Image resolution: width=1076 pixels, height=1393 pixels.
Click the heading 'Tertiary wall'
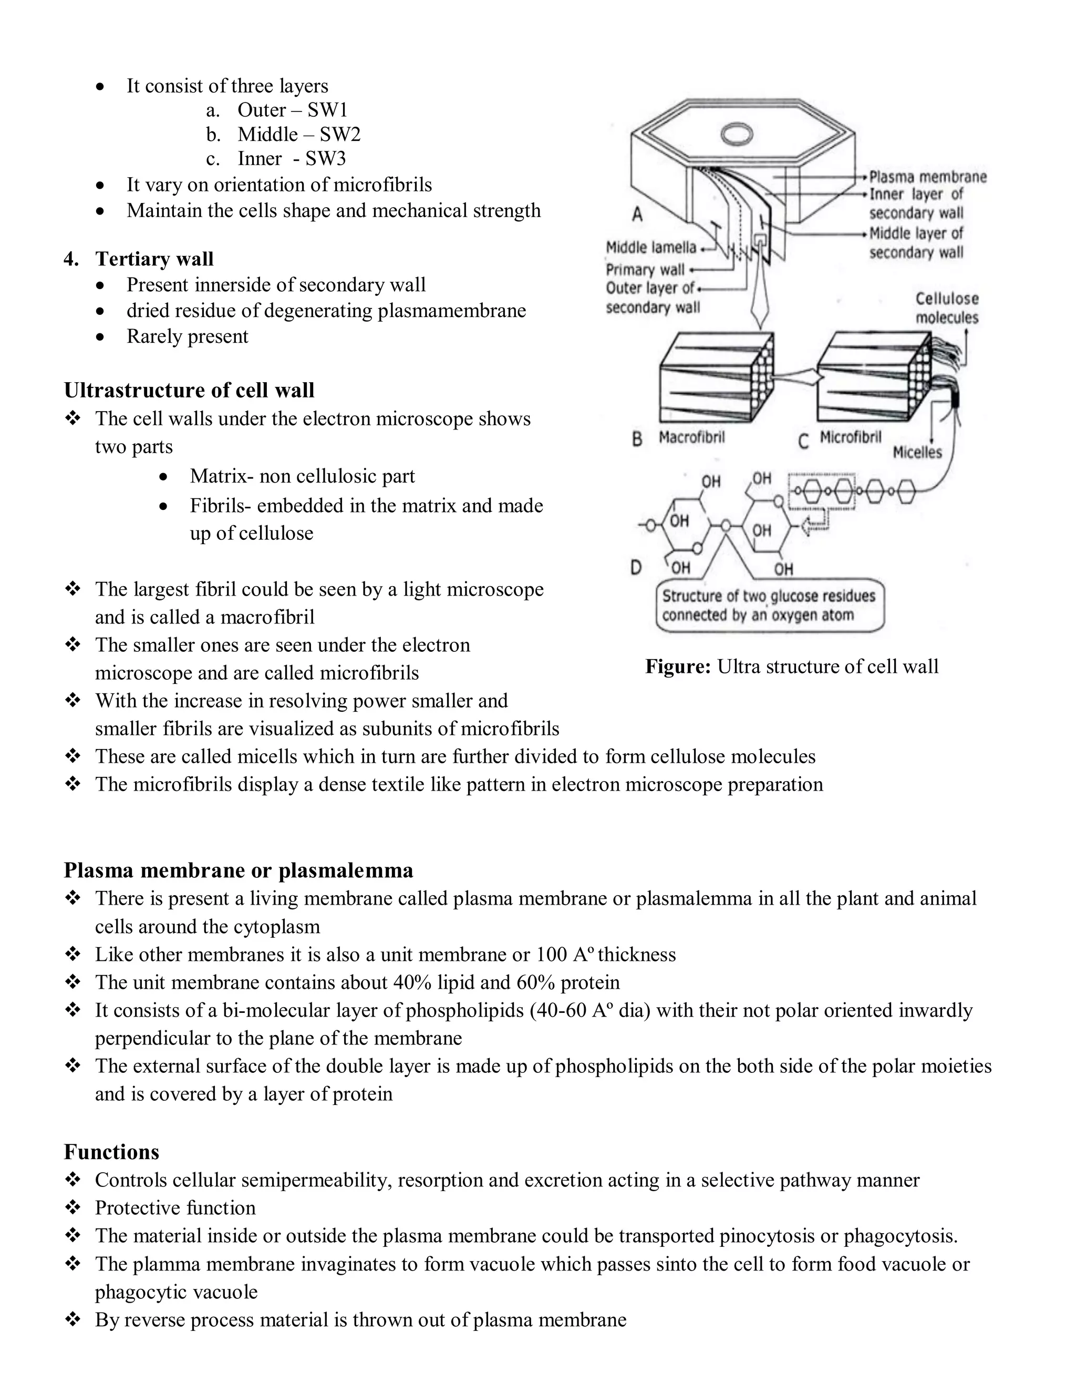point(154,259)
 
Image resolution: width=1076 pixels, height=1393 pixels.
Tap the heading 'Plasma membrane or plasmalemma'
point(239,870)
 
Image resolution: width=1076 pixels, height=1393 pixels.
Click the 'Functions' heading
point(111,1152)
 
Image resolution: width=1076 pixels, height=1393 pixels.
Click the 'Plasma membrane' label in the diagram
point(927,177)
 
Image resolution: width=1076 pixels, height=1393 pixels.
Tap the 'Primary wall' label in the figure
point(645,270)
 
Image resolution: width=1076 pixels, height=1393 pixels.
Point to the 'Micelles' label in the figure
point(917,452)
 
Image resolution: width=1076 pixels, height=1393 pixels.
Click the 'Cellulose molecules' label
point(947,308)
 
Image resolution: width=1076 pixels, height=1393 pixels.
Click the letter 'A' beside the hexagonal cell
point(637,214)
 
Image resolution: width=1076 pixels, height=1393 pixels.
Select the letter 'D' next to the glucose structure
point(636,567)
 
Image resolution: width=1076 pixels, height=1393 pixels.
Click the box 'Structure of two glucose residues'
point(769,605)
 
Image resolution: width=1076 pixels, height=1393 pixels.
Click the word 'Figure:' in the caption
point(678,667)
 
